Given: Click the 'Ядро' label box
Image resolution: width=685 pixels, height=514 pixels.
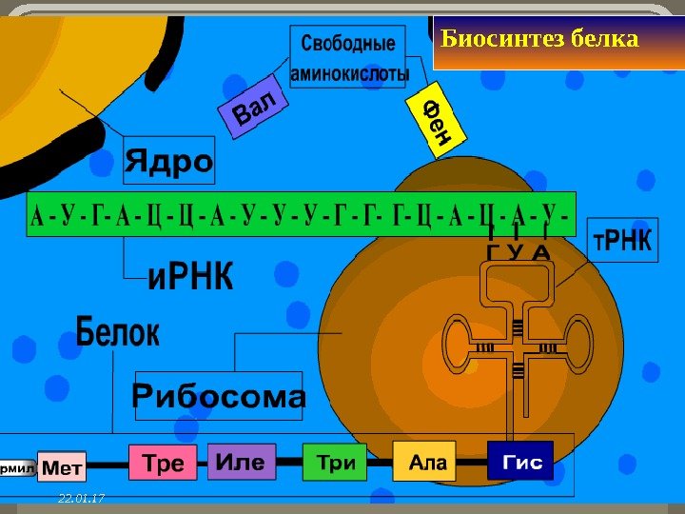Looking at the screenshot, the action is [169, 162].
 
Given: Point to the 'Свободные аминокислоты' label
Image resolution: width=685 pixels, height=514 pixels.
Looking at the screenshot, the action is [348, 58].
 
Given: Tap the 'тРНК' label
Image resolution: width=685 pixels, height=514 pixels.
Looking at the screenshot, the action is [622, 244].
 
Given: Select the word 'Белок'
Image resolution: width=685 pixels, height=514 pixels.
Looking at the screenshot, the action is [117, 334].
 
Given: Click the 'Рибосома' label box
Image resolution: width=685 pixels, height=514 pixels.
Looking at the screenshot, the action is [219, 396].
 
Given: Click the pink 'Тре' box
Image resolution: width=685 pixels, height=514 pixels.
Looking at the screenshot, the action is [162, 463].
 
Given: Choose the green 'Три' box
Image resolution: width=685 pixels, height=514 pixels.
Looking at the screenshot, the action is [335, 463].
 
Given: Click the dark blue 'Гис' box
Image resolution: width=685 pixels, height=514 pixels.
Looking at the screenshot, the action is [521, 463].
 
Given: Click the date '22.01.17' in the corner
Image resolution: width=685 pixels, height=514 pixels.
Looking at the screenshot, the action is [81, 498].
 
